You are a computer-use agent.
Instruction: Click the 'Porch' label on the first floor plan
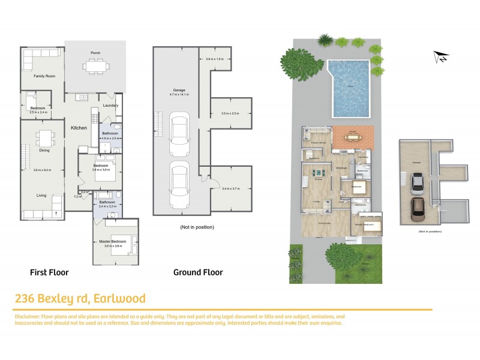(95, 52)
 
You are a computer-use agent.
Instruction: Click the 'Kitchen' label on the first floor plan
(80, 128)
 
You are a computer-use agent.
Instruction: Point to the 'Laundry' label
(110, 106)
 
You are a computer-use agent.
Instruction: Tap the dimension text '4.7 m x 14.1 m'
(179, 95)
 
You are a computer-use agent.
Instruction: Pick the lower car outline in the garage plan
(180, 184)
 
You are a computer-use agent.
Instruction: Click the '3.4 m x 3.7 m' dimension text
(230, 189)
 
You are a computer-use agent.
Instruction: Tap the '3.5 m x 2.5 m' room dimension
(230, 113)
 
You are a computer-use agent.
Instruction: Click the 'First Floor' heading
(49, 272)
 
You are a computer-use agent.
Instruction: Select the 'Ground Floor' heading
(198, 272)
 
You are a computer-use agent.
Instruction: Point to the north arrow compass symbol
(441, 57)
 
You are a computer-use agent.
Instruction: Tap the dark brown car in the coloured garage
(418, 210)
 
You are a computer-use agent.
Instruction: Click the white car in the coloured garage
(418, 184)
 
